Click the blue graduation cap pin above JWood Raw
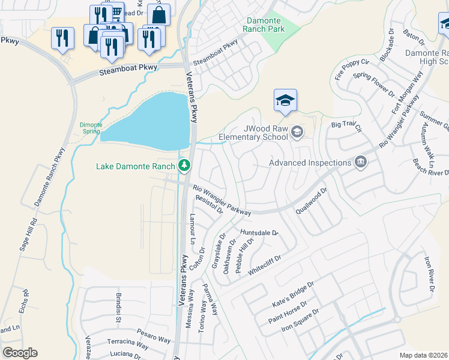pos(286,100)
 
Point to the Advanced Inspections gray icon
pos(361,162)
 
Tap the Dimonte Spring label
pos(91,127)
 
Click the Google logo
pos(20,353)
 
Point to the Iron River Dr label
pos(428,275)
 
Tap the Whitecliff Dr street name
pos(265,263)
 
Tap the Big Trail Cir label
pos(348,125)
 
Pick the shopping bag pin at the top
pos(158,14)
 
